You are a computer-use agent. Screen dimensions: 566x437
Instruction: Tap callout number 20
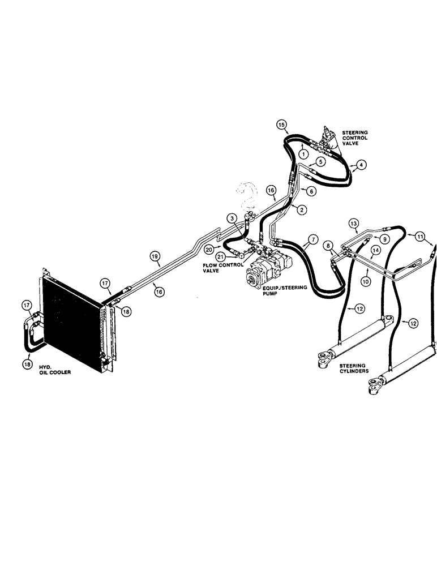209,248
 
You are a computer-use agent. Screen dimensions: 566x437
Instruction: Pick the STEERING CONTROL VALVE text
355,138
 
